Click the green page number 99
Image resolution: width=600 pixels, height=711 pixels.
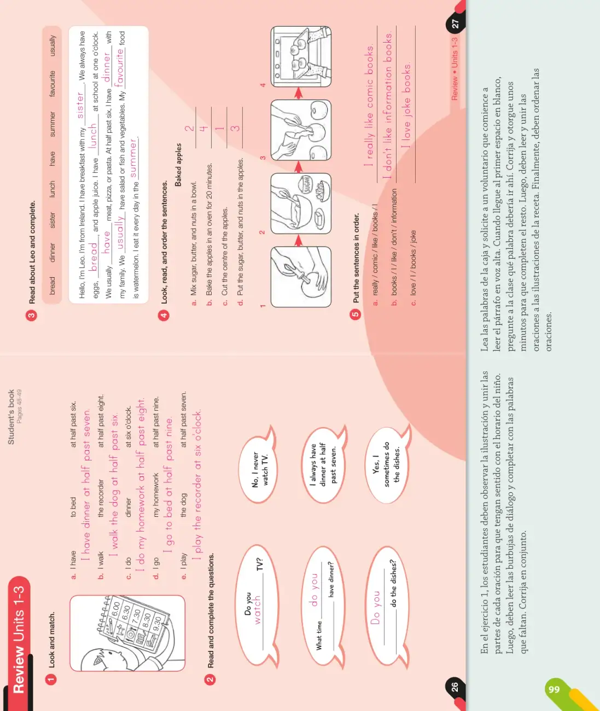coord(554,690)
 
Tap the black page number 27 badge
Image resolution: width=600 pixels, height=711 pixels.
coord(455,24)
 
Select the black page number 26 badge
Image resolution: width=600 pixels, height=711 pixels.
coord(455,687)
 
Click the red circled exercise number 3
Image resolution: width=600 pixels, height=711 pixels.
coord(32,316)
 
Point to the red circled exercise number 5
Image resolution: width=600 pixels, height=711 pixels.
coord(355,314)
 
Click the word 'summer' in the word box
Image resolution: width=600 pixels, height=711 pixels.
coord(52,124)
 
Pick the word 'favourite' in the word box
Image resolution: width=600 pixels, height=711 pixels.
coord(52,84)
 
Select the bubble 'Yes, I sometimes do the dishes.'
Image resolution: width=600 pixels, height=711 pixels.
coord(387,465)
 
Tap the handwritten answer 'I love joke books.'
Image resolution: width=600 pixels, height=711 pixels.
coord(406,105)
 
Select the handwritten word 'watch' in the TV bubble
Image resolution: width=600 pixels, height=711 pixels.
coord(258,609)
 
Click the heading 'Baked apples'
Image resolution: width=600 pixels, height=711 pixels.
coord(178,165)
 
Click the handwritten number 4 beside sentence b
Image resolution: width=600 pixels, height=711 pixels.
coord(203,129)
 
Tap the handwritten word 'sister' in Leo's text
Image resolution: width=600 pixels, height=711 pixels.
coord(80,105)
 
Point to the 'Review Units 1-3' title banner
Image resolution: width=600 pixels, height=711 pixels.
coord(19,639)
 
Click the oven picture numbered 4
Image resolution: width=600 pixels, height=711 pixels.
coord(301,56)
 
